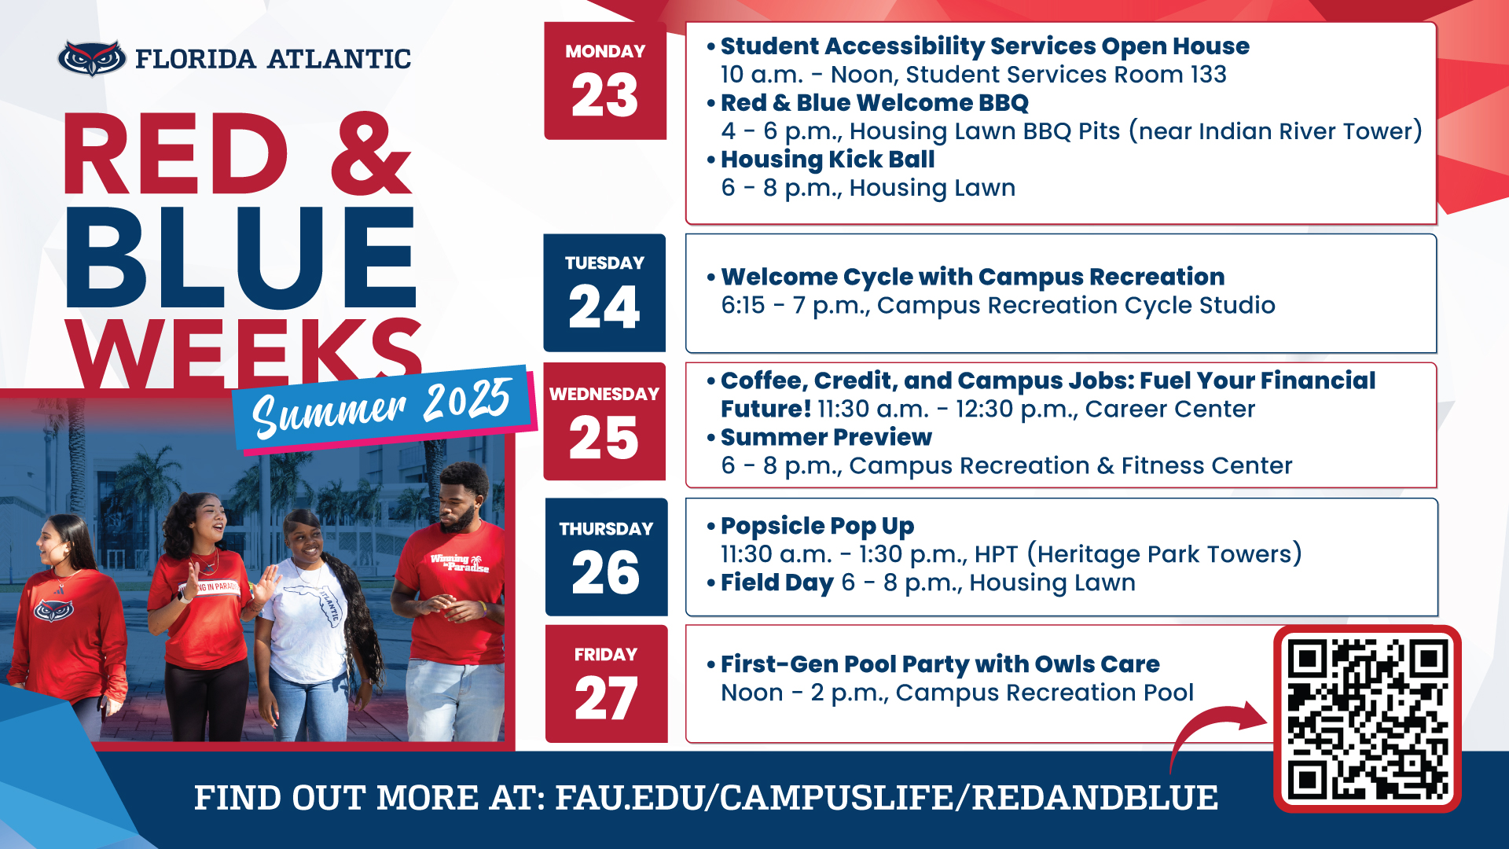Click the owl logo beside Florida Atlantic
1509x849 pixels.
(91, 58)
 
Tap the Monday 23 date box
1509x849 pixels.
(605, 81)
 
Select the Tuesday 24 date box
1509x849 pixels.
(604, 292)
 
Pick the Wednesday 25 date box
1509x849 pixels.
(604, 421)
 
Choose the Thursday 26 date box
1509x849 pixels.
(606, 557)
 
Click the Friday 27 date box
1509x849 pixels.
(606, 684)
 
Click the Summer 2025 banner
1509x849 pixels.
(384, 407)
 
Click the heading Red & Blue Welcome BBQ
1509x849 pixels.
(875, 103)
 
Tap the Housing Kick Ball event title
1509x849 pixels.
(828, 160)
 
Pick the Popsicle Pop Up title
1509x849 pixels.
(817, 526)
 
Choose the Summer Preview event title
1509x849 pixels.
(826, 437)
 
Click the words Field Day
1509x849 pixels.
(777, 583)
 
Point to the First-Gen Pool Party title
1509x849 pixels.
(940, 664)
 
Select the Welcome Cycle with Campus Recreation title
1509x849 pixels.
(973, 277)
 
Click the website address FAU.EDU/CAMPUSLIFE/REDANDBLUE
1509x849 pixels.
(887, 797)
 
